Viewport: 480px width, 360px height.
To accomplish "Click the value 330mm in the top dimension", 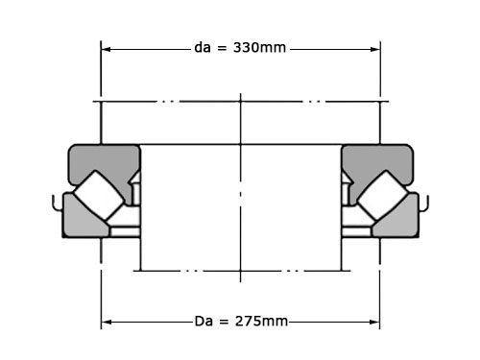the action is tap(259, 48).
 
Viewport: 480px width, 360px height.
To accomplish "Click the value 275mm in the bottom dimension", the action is tap(261, 321).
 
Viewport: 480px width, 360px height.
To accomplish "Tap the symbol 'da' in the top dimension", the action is tap(203, 48).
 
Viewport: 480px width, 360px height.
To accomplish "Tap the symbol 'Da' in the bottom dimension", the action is tap(204, 321).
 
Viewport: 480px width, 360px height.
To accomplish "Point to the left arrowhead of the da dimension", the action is tap(106, 49).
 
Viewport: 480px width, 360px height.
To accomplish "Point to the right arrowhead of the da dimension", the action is tap(375, 49).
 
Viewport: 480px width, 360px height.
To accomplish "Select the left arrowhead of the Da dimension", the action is tap(107, 322).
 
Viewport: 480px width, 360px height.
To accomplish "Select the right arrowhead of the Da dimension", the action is tap(374, 322).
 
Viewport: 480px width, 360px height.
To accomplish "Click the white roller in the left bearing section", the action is tap(99, 195).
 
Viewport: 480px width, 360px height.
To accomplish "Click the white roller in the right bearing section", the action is tap(382, 195).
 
